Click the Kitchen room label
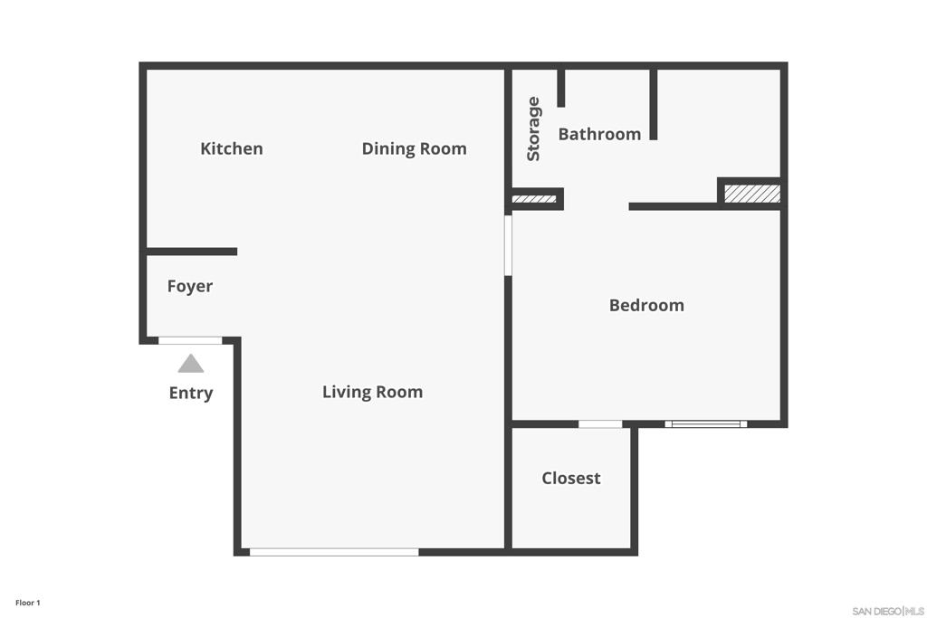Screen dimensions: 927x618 coord(232,148)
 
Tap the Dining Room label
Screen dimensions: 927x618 coord(414,148)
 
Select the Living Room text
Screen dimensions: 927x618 coord(372,392)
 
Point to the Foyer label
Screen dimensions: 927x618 coord(190,286)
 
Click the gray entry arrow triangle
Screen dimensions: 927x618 coord(191,364)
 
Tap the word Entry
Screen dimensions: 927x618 coord(191,393)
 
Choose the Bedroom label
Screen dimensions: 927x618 coord(646,305)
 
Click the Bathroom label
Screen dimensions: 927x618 coord(599,134)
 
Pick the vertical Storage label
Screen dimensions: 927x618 coord(533,128)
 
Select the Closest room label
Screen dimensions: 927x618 coord(571,478)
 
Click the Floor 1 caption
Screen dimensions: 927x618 coord(28,603)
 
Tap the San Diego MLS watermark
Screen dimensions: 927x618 coord(888,611)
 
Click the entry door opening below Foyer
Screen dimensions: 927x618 coord(190,340)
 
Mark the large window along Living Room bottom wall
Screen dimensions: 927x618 coord(334,552)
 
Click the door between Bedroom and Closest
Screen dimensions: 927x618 coord(600,423)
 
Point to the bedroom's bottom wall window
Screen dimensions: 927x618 coord(706,423)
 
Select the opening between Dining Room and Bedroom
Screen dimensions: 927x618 coord(508,245)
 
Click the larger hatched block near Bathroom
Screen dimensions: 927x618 coord(752,194)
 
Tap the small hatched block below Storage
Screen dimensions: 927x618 coord(534,199)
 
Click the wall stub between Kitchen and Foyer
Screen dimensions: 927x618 coord(192,252)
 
